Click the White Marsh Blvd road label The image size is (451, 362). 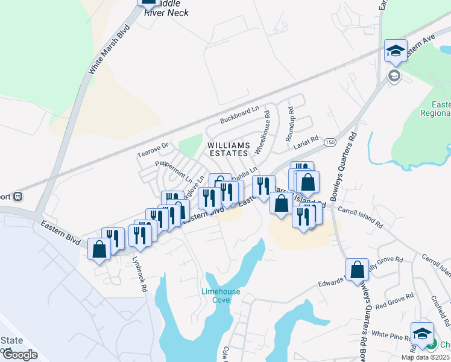[x=109, y=49]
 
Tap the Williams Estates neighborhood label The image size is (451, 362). [x=229, y=150]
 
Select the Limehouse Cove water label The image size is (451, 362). [x=221, y=296]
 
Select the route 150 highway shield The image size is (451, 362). [x=329, y=142]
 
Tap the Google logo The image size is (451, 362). [x=20, y=355]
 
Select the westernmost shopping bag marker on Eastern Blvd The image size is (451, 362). [x=99, y=249]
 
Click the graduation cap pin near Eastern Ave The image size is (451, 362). [x=395, y=50]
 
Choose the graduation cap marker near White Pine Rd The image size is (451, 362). [x=422, y=333]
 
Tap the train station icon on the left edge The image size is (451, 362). [x=19, y=196]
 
